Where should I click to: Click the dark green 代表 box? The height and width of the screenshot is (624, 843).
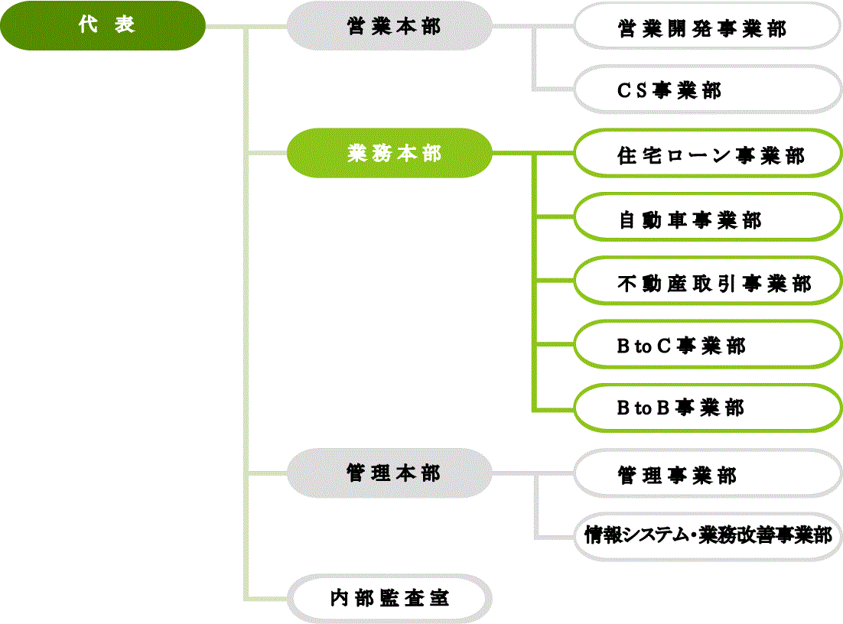[x=103, y=26]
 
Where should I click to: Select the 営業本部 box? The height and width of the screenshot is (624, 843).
[x=389, y=26]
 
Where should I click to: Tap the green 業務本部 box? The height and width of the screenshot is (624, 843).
[x=389, y=153]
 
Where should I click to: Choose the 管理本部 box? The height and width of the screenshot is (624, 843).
[x=389, y=473]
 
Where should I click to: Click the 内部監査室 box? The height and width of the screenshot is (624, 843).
[x=389, y=599]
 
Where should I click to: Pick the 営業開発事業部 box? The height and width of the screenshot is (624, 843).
[x=708, y=28]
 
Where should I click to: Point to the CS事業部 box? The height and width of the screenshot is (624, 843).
[x=708, y=90]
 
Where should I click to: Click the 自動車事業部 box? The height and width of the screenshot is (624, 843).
[x=708, y=219]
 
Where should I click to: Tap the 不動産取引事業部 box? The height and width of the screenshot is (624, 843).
[x=708, y=283]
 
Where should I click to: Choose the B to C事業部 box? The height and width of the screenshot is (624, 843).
[x=708, y=346]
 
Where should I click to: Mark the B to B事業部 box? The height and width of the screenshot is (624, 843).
[x=708, y=408]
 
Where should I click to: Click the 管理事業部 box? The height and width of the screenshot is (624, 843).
[x=708, y=475]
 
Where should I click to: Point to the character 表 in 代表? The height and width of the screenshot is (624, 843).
[x=125, y=25]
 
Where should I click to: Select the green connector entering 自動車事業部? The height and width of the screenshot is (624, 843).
[x=554, y=217]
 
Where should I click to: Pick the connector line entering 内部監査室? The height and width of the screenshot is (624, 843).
[x=268, y=597]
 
